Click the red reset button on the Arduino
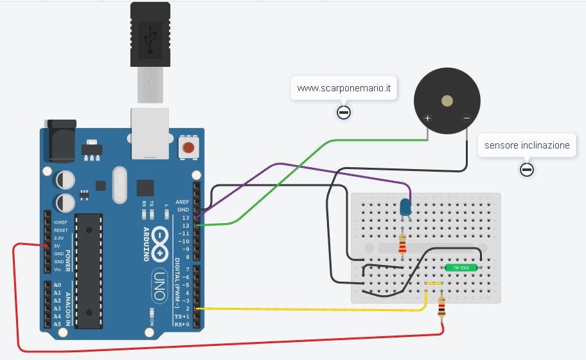(188, 148)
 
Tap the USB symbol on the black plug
(150, 39)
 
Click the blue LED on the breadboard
(405, 207)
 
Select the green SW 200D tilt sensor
(461, 267)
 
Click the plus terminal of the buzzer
(427, 118)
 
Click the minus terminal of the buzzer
(466, 118)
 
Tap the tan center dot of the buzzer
(447, 100)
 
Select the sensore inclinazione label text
(527, 145)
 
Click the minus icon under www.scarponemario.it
(344, 113)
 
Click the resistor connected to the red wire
(441, 308)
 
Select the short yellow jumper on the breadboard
(434, 283)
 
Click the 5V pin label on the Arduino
(58, 246)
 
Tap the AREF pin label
(183, 201)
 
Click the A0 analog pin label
(58, 285)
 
